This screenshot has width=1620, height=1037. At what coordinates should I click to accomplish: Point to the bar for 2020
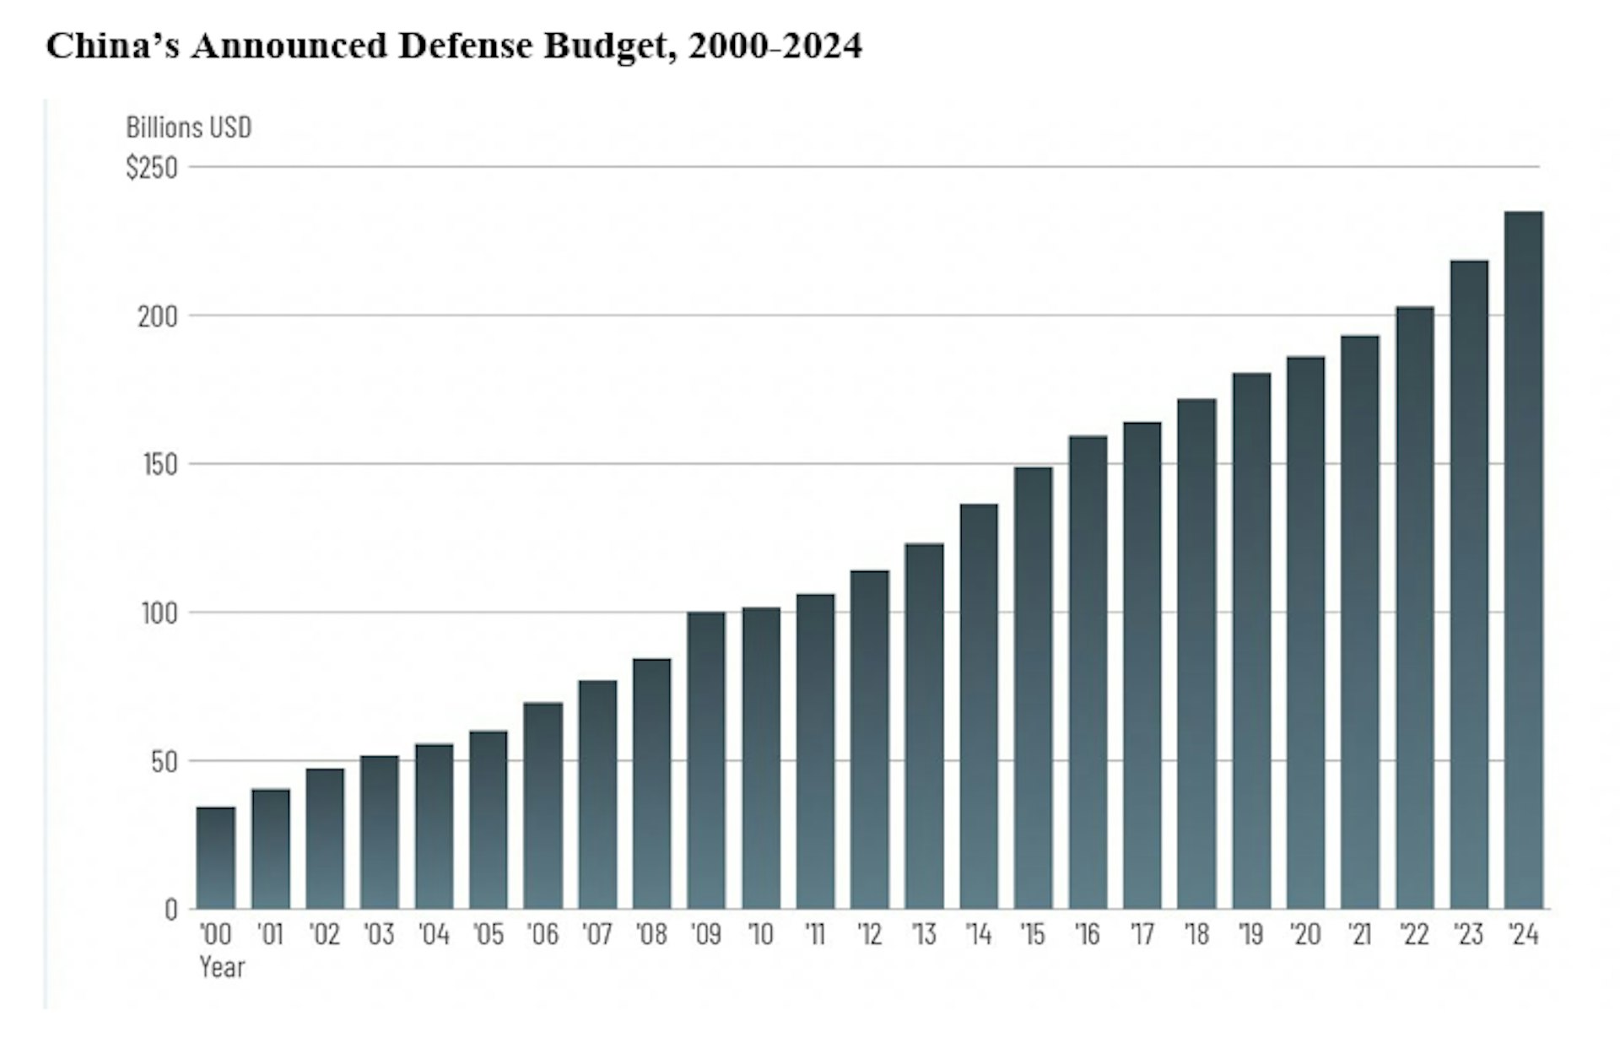pyautogui.click(x=1305, y=632)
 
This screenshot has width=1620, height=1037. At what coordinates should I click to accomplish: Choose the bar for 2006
pyautogui.click(x=543, y=805)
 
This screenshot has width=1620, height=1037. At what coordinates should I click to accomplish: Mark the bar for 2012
pyautogui.click(x=869, y=739)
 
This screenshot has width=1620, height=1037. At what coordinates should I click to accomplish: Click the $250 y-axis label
pyautogui.click(x=152, y=168)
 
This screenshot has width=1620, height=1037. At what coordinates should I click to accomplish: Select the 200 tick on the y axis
pyautogui.click(x=158, y=316)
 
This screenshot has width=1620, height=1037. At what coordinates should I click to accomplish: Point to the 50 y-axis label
pyautogui.click(x=164, y=762)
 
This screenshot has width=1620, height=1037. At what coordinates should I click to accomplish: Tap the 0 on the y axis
pyautogui.click(x=171, y=910)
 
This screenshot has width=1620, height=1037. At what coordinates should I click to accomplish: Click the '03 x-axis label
pyautogui.click(x=379, y=935)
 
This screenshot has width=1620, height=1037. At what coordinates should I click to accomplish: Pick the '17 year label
pyautogui.click(x=1142, y=935)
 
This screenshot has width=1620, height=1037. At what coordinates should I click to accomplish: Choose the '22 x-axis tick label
pyautogui.click(x=1414, y=935)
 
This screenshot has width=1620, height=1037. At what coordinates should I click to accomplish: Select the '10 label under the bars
pyautogui.click(x=760, y=935)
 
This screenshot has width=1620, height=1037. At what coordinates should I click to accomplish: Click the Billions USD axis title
pyautogui.click(x=189, y=127)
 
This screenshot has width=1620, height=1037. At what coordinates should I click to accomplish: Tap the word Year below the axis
pyautogui.click(x=222, y=967)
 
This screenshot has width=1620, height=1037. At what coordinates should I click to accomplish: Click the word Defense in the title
pyautogui.click(x=465, y=46)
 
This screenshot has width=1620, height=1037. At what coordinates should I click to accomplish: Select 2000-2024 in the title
pyautogui.click(x=775, y=46)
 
